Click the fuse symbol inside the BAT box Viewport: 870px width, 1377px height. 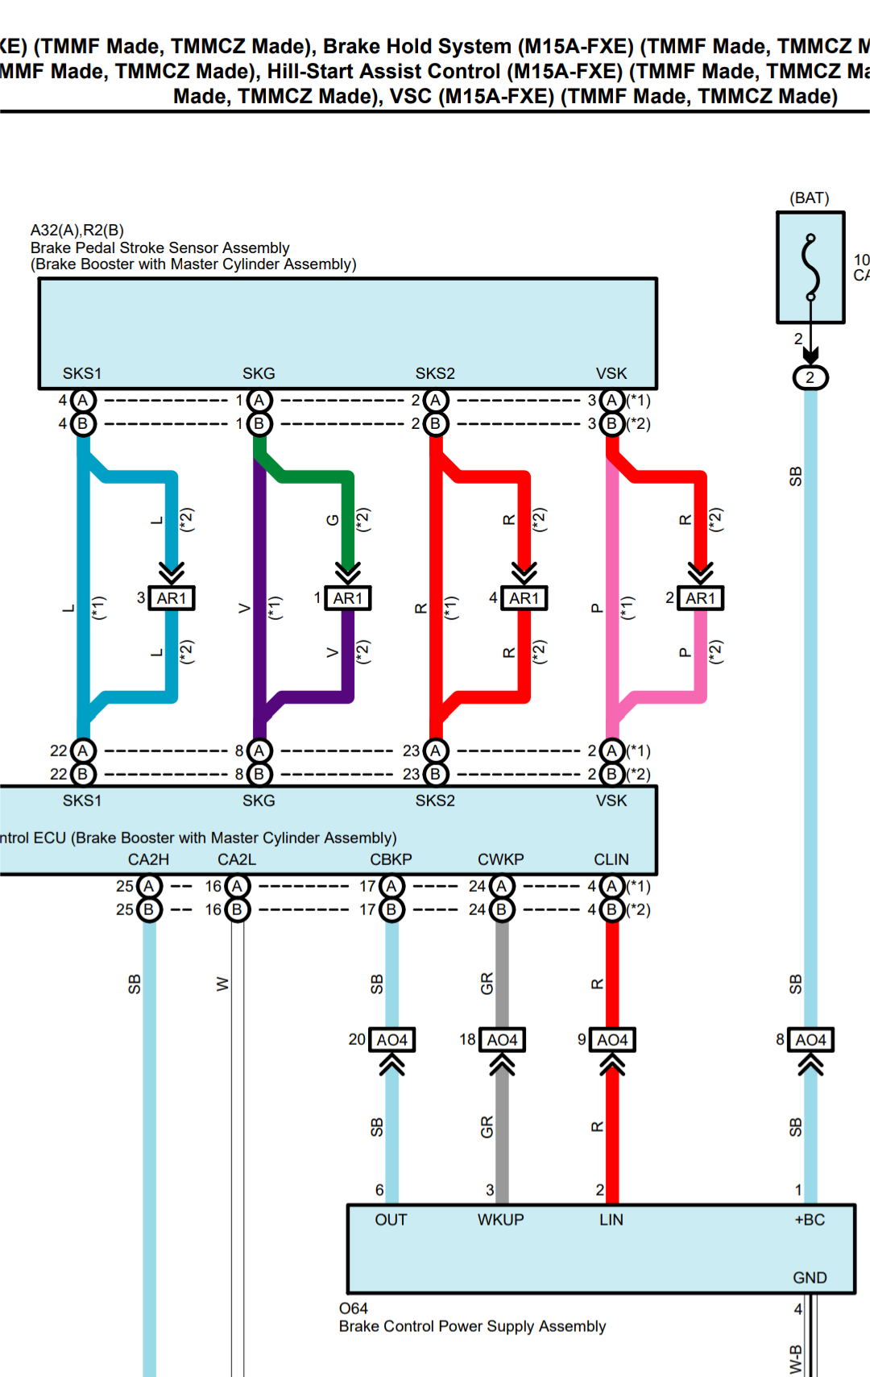[810, 268]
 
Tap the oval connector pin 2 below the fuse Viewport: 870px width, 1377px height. [810, 377]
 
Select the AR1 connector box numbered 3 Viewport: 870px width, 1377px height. [172, 598]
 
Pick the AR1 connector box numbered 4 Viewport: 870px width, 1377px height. [524, 598]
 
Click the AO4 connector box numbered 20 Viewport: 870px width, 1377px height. [392, 1040]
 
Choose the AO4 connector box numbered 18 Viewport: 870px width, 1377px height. [502, 1040]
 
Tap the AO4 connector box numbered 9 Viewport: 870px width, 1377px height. [612, 1040]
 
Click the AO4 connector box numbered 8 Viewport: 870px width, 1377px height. [810, 1040]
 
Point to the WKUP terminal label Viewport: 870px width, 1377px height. [500, 1220]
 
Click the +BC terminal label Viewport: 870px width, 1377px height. [810, 1220]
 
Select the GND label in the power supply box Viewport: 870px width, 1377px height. [810, 1278]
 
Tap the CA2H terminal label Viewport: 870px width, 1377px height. [148, 859]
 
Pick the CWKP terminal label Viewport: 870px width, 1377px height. [500, 859]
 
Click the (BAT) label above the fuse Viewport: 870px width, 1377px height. [810, 198]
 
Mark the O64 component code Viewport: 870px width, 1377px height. [354, 1308]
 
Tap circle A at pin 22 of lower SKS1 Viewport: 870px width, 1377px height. [83, 751]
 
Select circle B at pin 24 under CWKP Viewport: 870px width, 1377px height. [502, 909]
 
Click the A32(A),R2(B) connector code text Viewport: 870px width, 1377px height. [77, 231]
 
